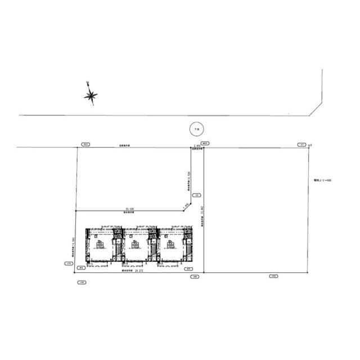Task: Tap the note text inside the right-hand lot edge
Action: pyautogui.click(x=323, y=181)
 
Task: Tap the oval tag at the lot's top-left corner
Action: pyautogui.click(x=85, y=144)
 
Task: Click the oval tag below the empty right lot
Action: pyautogui.click(x=273, y=276)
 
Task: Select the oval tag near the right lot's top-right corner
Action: pyautogui.click(x=302, y=144)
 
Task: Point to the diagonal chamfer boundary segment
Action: pyautogui.click(x=187, y=208)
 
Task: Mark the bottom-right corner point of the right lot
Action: pyautogui.click(x=308, y=272)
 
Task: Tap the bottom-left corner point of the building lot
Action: pyautogui.click(x=75, y=272)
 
